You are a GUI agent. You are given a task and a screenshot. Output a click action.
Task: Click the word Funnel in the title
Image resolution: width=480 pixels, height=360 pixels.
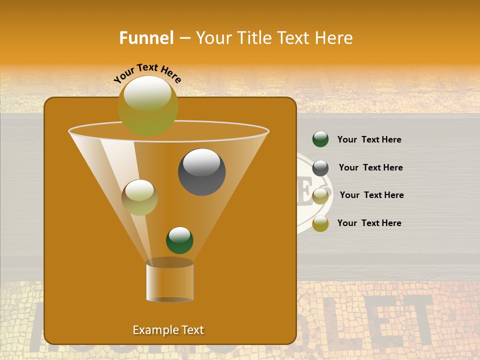coord(146,38)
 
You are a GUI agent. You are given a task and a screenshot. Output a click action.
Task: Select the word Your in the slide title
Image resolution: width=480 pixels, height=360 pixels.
coord(213,38)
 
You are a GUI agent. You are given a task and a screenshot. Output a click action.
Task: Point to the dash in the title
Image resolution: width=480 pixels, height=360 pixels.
coord(184,38)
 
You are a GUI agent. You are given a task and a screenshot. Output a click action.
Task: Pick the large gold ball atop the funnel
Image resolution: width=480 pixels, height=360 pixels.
coord(147,105)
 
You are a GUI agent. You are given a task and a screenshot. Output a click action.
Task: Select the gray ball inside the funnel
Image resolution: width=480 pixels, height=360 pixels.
coord(201,171)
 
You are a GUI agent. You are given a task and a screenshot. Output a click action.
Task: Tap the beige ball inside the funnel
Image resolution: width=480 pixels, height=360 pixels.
coord(139,197)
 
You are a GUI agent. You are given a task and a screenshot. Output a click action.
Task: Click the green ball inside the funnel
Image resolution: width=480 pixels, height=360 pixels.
coord(179,240)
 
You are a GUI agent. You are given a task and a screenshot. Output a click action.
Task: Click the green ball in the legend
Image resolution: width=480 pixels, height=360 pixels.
coord(320,139)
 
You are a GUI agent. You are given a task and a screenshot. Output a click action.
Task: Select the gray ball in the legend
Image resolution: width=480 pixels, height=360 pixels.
coord(320,167)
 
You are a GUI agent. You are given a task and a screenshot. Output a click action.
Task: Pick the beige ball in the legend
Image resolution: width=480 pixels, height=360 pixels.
coord(320,195)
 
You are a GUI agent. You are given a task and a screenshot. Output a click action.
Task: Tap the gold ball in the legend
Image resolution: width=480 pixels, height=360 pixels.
coord(320,223)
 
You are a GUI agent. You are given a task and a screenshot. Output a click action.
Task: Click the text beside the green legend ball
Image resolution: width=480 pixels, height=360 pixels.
coord(369,139)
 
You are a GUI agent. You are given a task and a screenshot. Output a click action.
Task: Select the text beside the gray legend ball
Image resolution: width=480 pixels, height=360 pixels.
coord(370,167)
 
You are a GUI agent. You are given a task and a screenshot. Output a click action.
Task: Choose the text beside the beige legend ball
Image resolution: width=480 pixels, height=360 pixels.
coord(371,195)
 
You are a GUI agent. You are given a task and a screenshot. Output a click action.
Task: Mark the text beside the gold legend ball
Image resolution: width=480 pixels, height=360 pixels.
coord(369,223)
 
